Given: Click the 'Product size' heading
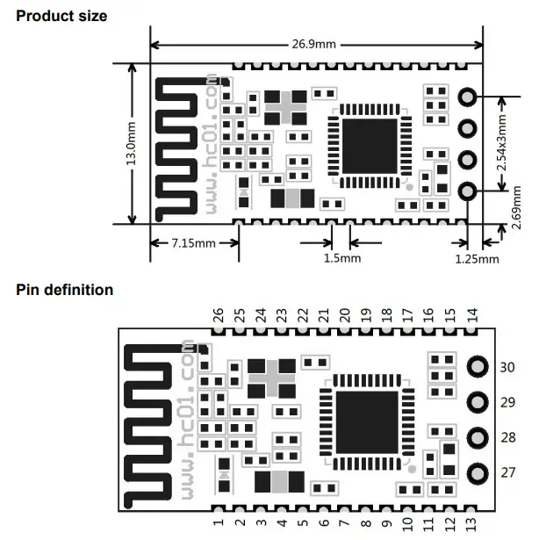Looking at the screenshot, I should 61,16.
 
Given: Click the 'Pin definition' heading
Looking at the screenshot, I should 65,290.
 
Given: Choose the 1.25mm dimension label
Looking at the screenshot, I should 477,258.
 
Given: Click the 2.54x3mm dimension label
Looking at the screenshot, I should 501,142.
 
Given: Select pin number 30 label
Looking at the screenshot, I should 507,367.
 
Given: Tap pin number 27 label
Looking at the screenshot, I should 507,472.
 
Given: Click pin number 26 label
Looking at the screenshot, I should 219,313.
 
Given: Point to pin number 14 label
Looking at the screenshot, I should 472,313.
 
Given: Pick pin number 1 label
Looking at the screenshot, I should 219,523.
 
